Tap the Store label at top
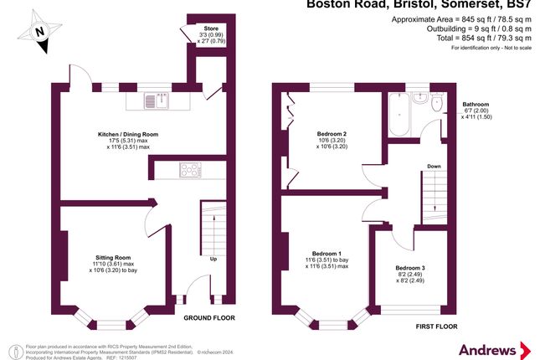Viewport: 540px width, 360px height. click(198, 28)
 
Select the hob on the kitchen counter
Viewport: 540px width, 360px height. click(192, 171)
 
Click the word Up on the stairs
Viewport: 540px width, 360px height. click(213, 260)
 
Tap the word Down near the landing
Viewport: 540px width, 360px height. click(433, 166)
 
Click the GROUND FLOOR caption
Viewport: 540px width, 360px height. click(209, 318)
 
